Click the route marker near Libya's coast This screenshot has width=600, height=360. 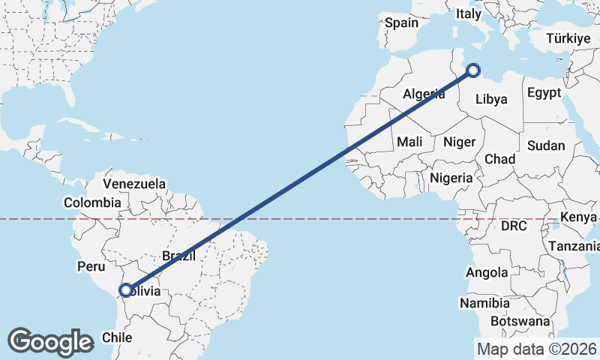472,71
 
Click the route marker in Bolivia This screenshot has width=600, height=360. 127,290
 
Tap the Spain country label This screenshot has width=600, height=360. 401,22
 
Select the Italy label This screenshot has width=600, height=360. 469,13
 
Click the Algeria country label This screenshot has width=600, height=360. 424,94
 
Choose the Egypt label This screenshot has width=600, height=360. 544,93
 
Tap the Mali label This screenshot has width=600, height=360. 409,141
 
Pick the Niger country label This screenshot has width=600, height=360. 459,141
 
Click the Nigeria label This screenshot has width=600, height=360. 451,178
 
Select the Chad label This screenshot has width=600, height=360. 499,159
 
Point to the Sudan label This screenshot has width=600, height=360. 546,145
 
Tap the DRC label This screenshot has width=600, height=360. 514,225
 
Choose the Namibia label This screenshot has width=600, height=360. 485,304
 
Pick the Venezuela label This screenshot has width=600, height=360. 134,183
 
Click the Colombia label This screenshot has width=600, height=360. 92,202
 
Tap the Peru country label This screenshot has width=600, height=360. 91,265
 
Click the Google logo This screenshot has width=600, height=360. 50,342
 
